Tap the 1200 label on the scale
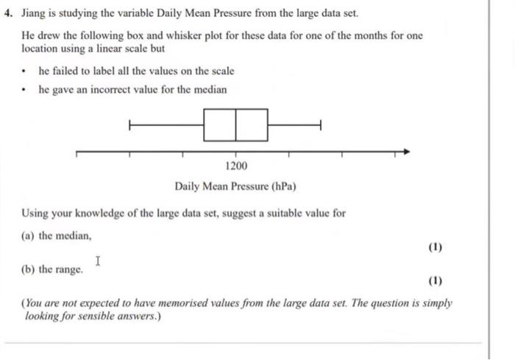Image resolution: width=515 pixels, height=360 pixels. pyautogui.click(x=236, y=167)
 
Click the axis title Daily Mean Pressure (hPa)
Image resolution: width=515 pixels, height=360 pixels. pyautogui.click(x=235, y=186)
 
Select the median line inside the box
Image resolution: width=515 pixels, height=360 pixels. pyautogui.click(x=236, y=125)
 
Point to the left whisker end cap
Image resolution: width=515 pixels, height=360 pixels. pyautogui.click(x=130, y=125)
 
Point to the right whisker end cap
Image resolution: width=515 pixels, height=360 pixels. pyautogui.click(x=320, y=125)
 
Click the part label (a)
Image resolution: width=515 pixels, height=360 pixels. pyautogui.click(x=29, y=235)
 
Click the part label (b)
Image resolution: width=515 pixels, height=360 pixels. pyautogui.click(x=29, y=269)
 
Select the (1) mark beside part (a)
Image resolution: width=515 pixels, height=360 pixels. pyautogui.click(x=435, y=247)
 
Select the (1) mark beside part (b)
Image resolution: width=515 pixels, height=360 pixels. pyautogui.click(x=435, y=281)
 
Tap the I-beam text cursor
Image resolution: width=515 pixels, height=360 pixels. pyautogui.click(x=98, y=261)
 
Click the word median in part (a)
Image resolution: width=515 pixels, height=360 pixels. pyautogui.click(x=74, y=235)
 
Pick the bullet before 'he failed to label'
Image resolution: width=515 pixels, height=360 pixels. pyautogui.click(x=25, y=72)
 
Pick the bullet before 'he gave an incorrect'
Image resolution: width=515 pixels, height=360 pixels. pyautogui.click(x=25, y=91)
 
